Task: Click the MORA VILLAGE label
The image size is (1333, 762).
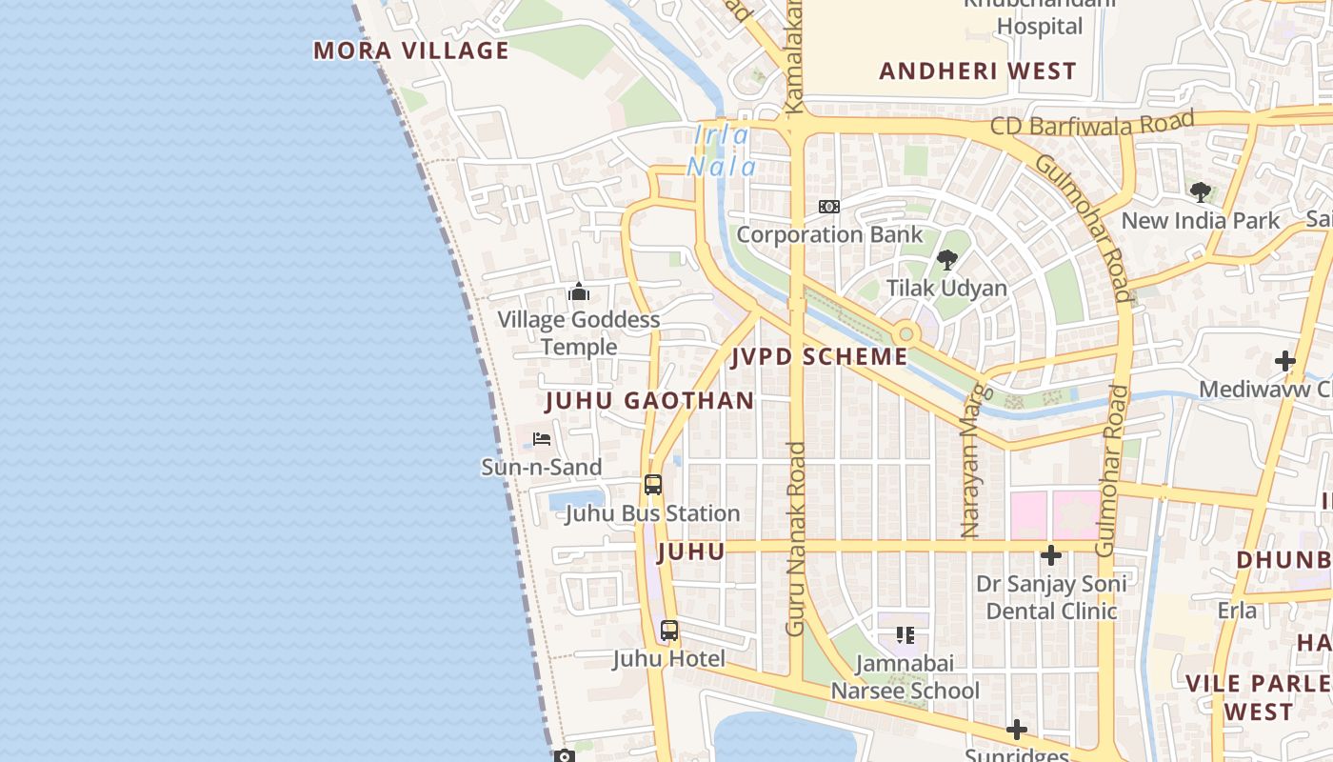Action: click(411, 50)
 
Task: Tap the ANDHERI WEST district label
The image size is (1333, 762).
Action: click(977, 71)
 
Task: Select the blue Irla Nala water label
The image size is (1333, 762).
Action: click(723, 151)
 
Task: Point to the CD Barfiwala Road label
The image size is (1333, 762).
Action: click(1091, 124)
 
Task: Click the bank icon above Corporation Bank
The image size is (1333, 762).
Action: click(829, 207)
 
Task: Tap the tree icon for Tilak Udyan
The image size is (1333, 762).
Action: click(946, 259)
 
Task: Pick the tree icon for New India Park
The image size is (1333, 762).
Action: click(1201, 192)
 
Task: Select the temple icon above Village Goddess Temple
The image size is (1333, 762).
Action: click(579, 292)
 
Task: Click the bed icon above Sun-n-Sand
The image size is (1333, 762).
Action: click(542, 439)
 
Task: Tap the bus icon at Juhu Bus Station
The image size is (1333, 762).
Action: click(652, 485)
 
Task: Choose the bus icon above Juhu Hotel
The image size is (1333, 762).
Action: click(669, 631)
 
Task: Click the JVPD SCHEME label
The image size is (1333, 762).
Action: click(819, 357)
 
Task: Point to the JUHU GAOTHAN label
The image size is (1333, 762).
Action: click(649, 401)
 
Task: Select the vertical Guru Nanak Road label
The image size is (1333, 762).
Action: click(796, 538)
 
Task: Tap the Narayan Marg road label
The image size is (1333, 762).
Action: click(971, 461)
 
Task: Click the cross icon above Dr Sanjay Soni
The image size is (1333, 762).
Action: click(1051, 555)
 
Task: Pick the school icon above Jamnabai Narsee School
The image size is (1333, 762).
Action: click(905, 634)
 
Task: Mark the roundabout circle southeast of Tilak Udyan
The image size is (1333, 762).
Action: click(905, 334)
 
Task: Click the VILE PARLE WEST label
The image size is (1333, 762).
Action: click(1259, 697)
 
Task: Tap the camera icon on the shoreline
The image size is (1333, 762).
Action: click(565, 756)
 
